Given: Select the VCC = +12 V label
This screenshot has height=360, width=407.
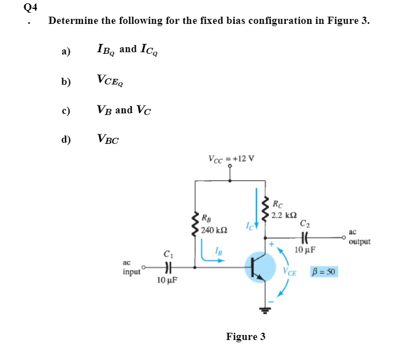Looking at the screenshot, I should (x=231, y=157).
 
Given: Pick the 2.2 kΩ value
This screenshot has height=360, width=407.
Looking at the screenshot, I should (x=285, y=214).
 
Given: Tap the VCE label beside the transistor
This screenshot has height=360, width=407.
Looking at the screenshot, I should (x=289, y=272).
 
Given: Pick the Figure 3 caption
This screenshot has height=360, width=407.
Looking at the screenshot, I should (x=246, y=337).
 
